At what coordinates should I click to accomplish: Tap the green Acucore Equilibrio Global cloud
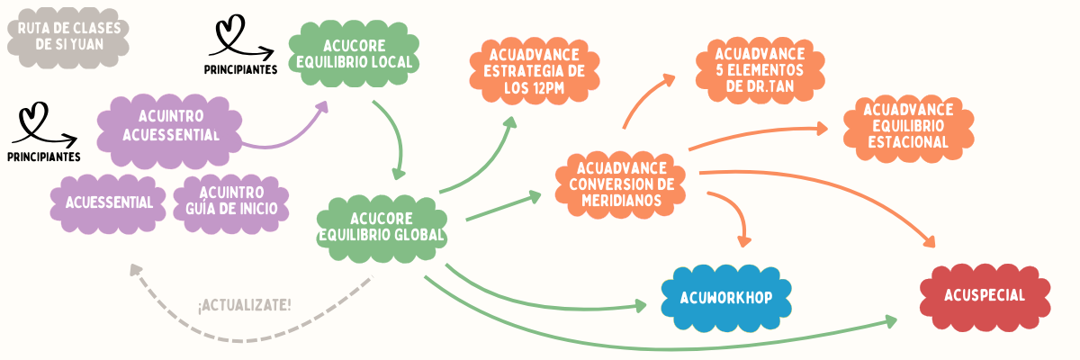382,227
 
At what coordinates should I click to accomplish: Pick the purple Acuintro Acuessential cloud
171,125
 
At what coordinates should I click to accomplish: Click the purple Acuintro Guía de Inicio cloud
231,202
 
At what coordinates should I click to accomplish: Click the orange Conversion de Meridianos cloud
621,184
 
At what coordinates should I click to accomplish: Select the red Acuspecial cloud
985,296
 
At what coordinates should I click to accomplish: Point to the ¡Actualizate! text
244,304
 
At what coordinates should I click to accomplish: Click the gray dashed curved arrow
234,335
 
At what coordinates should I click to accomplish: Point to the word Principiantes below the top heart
240,69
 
